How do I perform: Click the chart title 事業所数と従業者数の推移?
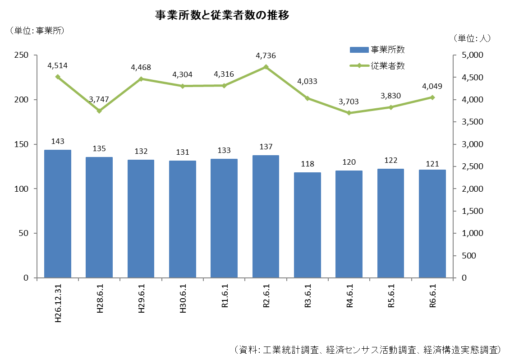pyautogui.click(x=222, y=15)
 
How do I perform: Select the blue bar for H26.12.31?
pyautogui.click(x=58, y=214)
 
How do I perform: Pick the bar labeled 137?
pyautogui.click(x=266, y=217)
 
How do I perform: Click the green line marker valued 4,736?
pyautogui.click(x=266, y=67)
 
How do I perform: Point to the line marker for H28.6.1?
pyautogui.click(x=99, y=111)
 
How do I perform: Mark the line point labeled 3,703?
pyautogui.click(x=349, y=113)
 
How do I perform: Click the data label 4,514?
pyautogui.click(x=58, y=65)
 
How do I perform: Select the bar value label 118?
pyautogui.click(x=308, y=164)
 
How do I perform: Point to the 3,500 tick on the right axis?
pyautogui.click(x=471, y=122)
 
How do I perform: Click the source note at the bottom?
pyautogui.click(x=367, y=350)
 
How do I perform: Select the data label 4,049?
pyautogui.click(x=432, y=87)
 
